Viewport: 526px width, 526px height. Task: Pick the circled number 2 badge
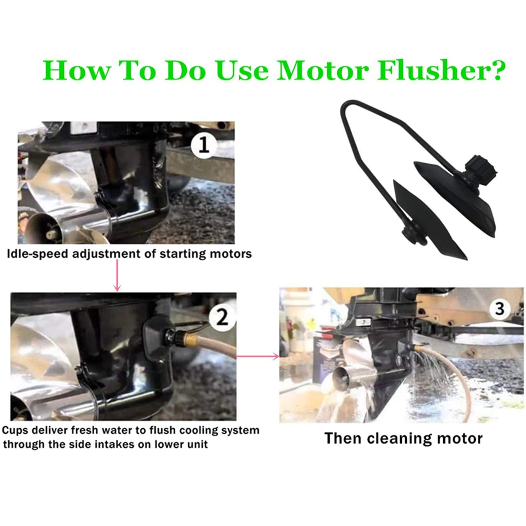click(222, 317)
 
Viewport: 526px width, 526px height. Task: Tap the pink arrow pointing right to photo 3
click(258, 356)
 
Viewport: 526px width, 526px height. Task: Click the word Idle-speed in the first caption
click(37, 254)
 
